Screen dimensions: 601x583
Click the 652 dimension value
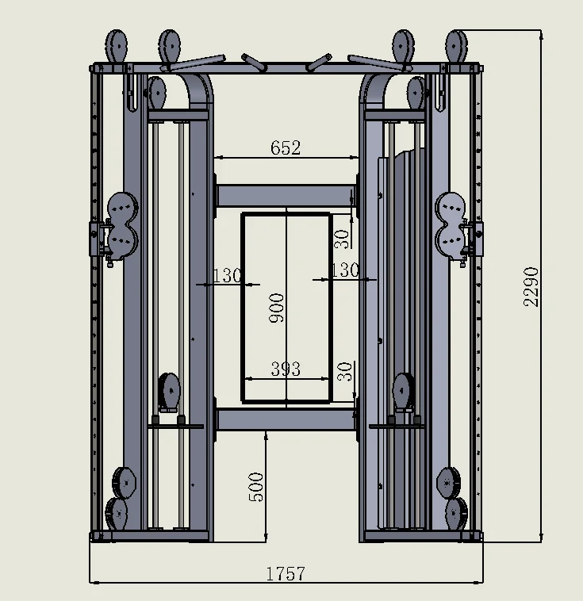click(x=286, y=147)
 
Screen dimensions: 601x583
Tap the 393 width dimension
click(x=286, y=369)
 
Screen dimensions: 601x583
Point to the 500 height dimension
click(x=255, y=487)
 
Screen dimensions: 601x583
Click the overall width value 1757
click(x=286, y=573)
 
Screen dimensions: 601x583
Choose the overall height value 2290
click(x=531, y=286)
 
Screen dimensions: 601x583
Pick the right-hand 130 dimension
click(x=344, y=270)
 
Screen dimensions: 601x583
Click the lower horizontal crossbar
click(x=286, y=419)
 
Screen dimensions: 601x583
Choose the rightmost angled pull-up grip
click(x=369, y=60)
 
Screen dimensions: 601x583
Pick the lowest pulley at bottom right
click(x=455, y=513)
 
